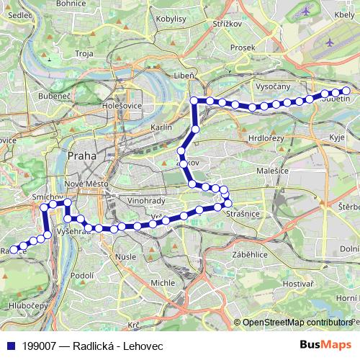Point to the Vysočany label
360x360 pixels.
(x=273, y=86)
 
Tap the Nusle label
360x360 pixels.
(x=127, y=256)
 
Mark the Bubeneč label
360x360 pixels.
(x=55, y=95)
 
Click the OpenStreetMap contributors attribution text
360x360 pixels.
(x=296, y=322)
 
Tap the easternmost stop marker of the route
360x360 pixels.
(x=346, y=91)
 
